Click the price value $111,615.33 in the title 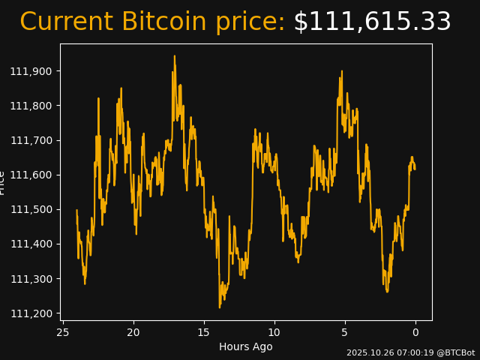click(x=372, y=22)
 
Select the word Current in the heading click(x=67, y=22)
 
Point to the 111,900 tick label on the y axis click(x=32, y=71)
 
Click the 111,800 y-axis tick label click(x=32, y=106)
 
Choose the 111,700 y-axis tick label click(x=32, y=140)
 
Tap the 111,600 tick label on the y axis click(x=32, y=175)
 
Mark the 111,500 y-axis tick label click(x=32, y=209)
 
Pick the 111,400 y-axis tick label click(x=32, y=244)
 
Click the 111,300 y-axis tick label click(x=32, y=278)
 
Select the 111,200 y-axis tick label click(x=32, y=313)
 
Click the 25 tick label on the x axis click(x=63, y=332)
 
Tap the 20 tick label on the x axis click(x=133, y=332)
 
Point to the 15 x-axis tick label click(x=204, y=332)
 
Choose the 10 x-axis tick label click(x=274, y=332)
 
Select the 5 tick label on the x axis click(x=345, y=332)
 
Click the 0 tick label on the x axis click(x=415, y=332)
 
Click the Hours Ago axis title click(x=246, y=346)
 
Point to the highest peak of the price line click(x=175, y=56)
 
